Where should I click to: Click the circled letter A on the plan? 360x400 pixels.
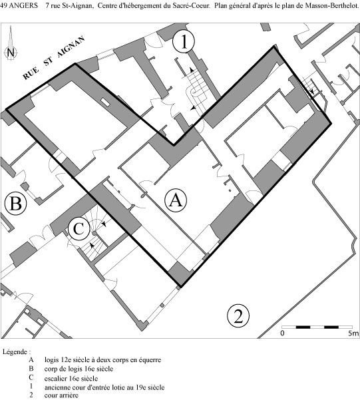[x=176, y=200]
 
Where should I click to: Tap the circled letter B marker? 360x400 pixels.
[x=15, y=204]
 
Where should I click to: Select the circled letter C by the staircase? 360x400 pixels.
[x=79, y=229]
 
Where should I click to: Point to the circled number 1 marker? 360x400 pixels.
[x=184, y=42]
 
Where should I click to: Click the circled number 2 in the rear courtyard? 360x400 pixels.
[x=238, y=315]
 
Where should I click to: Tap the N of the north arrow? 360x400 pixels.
[x=11, y=53]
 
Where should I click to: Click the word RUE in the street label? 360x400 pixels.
[x=31, y=73]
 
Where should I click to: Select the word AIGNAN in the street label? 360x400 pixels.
[x=71, y=47]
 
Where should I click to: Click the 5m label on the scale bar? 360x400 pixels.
[x=353, y=333]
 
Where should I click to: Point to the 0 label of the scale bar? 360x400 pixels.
[x=282, y=333]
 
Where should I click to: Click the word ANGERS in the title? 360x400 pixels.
[x=23, y=5]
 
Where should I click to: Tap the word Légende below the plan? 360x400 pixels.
[x=15, y=352]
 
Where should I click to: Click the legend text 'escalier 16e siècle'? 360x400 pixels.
[x=71, y=378]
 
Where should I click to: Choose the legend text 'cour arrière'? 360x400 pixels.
[x=61, y=395]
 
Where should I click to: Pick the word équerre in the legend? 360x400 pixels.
[x=150, y=360]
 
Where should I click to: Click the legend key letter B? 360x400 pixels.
[x=31, y=369]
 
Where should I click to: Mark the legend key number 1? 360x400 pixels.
[x=31, y=386]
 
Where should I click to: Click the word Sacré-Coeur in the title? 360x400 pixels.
[x=194, y=5]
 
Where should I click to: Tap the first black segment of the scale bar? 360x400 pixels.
[x=303, y=327]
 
